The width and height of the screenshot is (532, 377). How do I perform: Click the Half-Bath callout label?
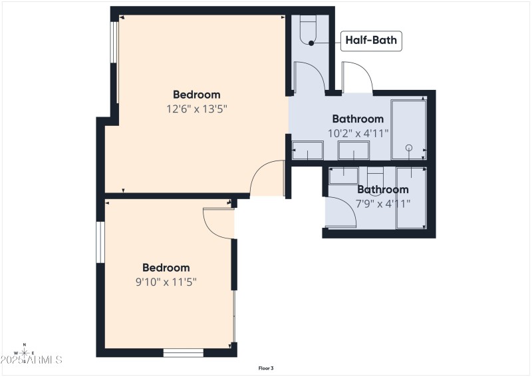point(371,41)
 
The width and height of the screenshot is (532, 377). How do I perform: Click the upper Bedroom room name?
point(196,95)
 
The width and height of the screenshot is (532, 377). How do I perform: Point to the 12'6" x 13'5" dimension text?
point(196,108)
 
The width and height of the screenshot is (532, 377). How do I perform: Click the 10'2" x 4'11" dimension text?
point(358,133)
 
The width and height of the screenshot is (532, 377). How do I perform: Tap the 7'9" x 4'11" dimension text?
point(382,203)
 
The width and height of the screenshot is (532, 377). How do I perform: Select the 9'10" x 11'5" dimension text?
point(166,282)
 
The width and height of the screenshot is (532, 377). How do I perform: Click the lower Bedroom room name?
point(166,268)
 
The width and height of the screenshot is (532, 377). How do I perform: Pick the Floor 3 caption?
point(266,368)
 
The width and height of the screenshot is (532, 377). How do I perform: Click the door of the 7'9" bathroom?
point(342,213)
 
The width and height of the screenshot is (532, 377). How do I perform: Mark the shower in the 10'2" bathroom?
point(408,130)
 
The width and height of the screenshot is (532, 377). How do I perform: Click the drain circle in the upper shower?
point(409,147)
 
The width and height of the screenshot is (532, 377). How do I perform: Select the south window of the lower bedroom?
point(183,352)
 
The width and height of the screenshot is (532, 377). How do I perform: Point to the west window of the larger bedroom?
point(114,63)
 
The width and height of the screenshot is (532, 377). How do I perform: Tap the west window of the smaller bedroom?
point(100,242)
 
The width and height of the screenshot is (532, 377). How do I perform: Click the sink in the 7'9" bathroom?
point(344,175)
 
